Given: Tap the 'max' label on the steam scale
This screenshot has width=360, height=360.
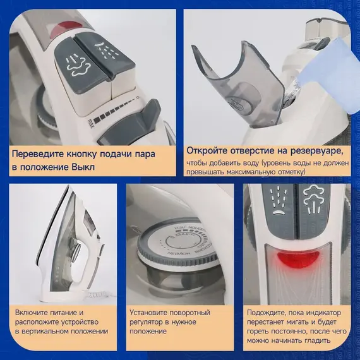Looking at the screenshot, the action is pos(91,124).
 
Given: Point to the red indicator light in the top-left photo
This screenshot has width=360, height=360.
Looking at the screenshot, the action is pos(66,28).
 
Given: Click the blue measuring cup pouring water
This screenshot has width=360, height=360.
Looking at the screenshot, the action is pos(328,73).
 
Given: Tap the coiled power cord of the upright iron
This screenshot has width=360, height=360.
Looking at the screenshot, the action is pos(97,294).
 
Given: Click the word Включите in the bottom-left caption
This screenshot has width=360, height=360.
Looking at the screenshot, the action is pos(31,313).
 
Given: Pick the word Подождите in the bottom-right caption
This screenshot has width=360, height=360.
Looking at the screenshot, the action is pos(266,313).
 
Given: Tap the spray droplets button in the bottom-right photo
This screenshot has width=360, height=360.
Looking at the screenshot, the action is pos(279,205).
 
